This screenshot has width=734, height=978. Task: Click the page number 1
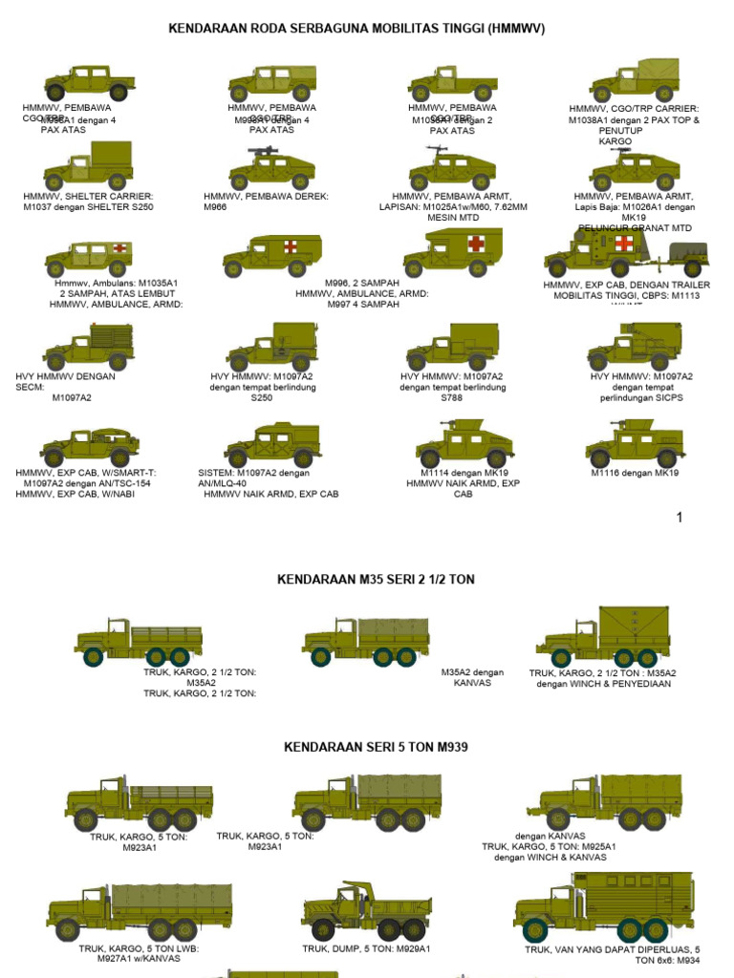(x=680, y=518)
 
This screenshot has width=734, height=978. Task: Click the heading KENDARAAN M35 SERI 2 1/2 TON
(x=376, y=580)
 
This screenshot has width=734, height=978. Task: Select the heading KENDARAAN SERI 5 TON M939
(x=376, y=747)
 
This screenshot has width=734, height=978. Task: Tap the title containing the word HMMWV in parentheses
(x=356, y=29)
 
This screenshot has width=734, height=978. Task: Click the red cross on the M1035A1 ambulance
(x=119, y=248)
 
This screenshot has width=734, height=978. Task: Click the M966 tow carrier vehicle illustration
(x=271, y=170)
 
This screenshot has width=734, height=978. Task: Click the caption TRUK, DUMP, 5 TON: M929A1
(x=366, y=948)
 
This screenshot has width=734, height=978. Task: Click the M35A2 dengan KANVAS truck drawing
(x=366, y=641)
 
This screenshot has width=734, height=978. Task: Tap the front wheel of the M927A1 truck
(x=68, y=929)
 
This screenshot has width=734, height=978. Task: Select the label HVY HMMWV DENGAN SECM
(x=65, y=382)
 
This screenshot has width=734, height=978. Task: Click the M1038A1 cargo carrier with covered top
(x=635, y=80)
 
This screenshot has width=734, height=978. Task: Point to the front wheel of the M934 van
(x=535, y=929)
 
